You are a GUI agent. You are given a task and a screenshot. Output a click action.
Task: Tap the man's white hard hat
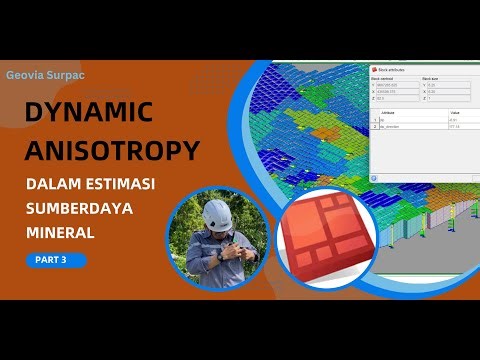[216, 214]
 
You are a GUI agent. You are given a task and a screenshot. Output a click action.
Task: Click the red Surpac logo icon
[327, 239]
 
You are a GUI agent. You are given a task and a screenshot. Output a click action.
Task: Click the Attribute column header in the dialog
[390, 113]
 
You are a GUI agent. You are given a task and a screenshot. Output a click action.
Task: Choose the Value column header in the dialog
[457, 113]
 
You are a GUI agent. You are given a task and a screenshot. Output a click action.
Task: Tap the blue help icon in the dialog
[376, 177]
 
